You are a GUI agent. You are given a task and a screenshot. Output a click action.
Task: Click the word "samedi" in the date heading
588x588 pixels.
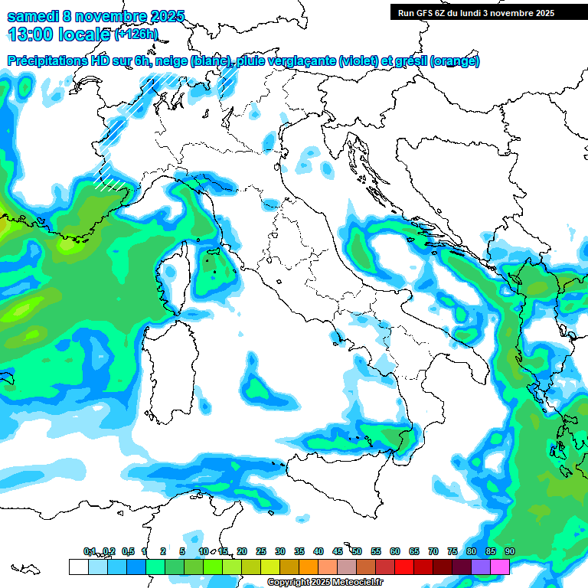tap(33, 16)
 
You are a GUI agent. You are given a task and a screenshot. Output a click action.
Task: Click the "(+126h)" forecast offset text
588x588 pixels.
tap(136, 34)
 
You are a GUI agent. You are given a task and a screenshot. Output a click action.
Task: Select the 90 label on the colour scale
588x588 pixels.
tap(510, 552)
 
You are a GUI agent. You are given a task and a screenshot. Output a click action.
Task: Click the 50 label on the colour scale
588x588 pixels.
tap(357, 552)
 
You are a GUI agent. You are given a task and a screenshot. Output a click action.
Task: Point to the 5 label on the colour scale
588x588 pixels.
tap(182, 552)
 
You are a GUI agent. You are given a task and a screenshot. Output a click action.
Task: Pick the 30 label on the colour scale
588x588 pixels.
tap(280, 552)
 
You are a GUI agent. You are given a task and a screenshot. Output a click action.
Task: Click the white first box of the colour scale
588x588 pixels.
tap(78, 567)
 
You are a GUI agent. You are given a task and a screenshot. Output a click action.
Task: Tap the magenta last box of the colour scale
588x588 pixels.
tap(500, 567)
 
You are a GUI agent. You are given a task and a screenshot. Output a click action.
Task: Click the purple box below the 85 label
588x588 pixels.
tap(481, 567)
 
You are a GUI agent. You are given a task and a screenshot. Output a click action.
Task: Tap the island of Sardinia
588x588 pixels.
tap(158, 360)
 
